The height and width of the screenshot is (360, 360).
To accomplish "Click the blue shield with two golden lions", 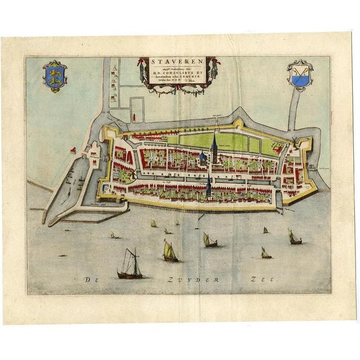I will pyautogui.click(x=55, y=76).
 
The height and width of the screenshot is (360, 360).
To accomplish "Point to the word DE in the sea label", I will pyautogui.click(x=90, y=280).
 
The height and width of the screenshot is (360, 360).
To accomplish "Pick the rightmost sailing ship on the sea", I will pyautogui.click(x=294, y=236).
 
